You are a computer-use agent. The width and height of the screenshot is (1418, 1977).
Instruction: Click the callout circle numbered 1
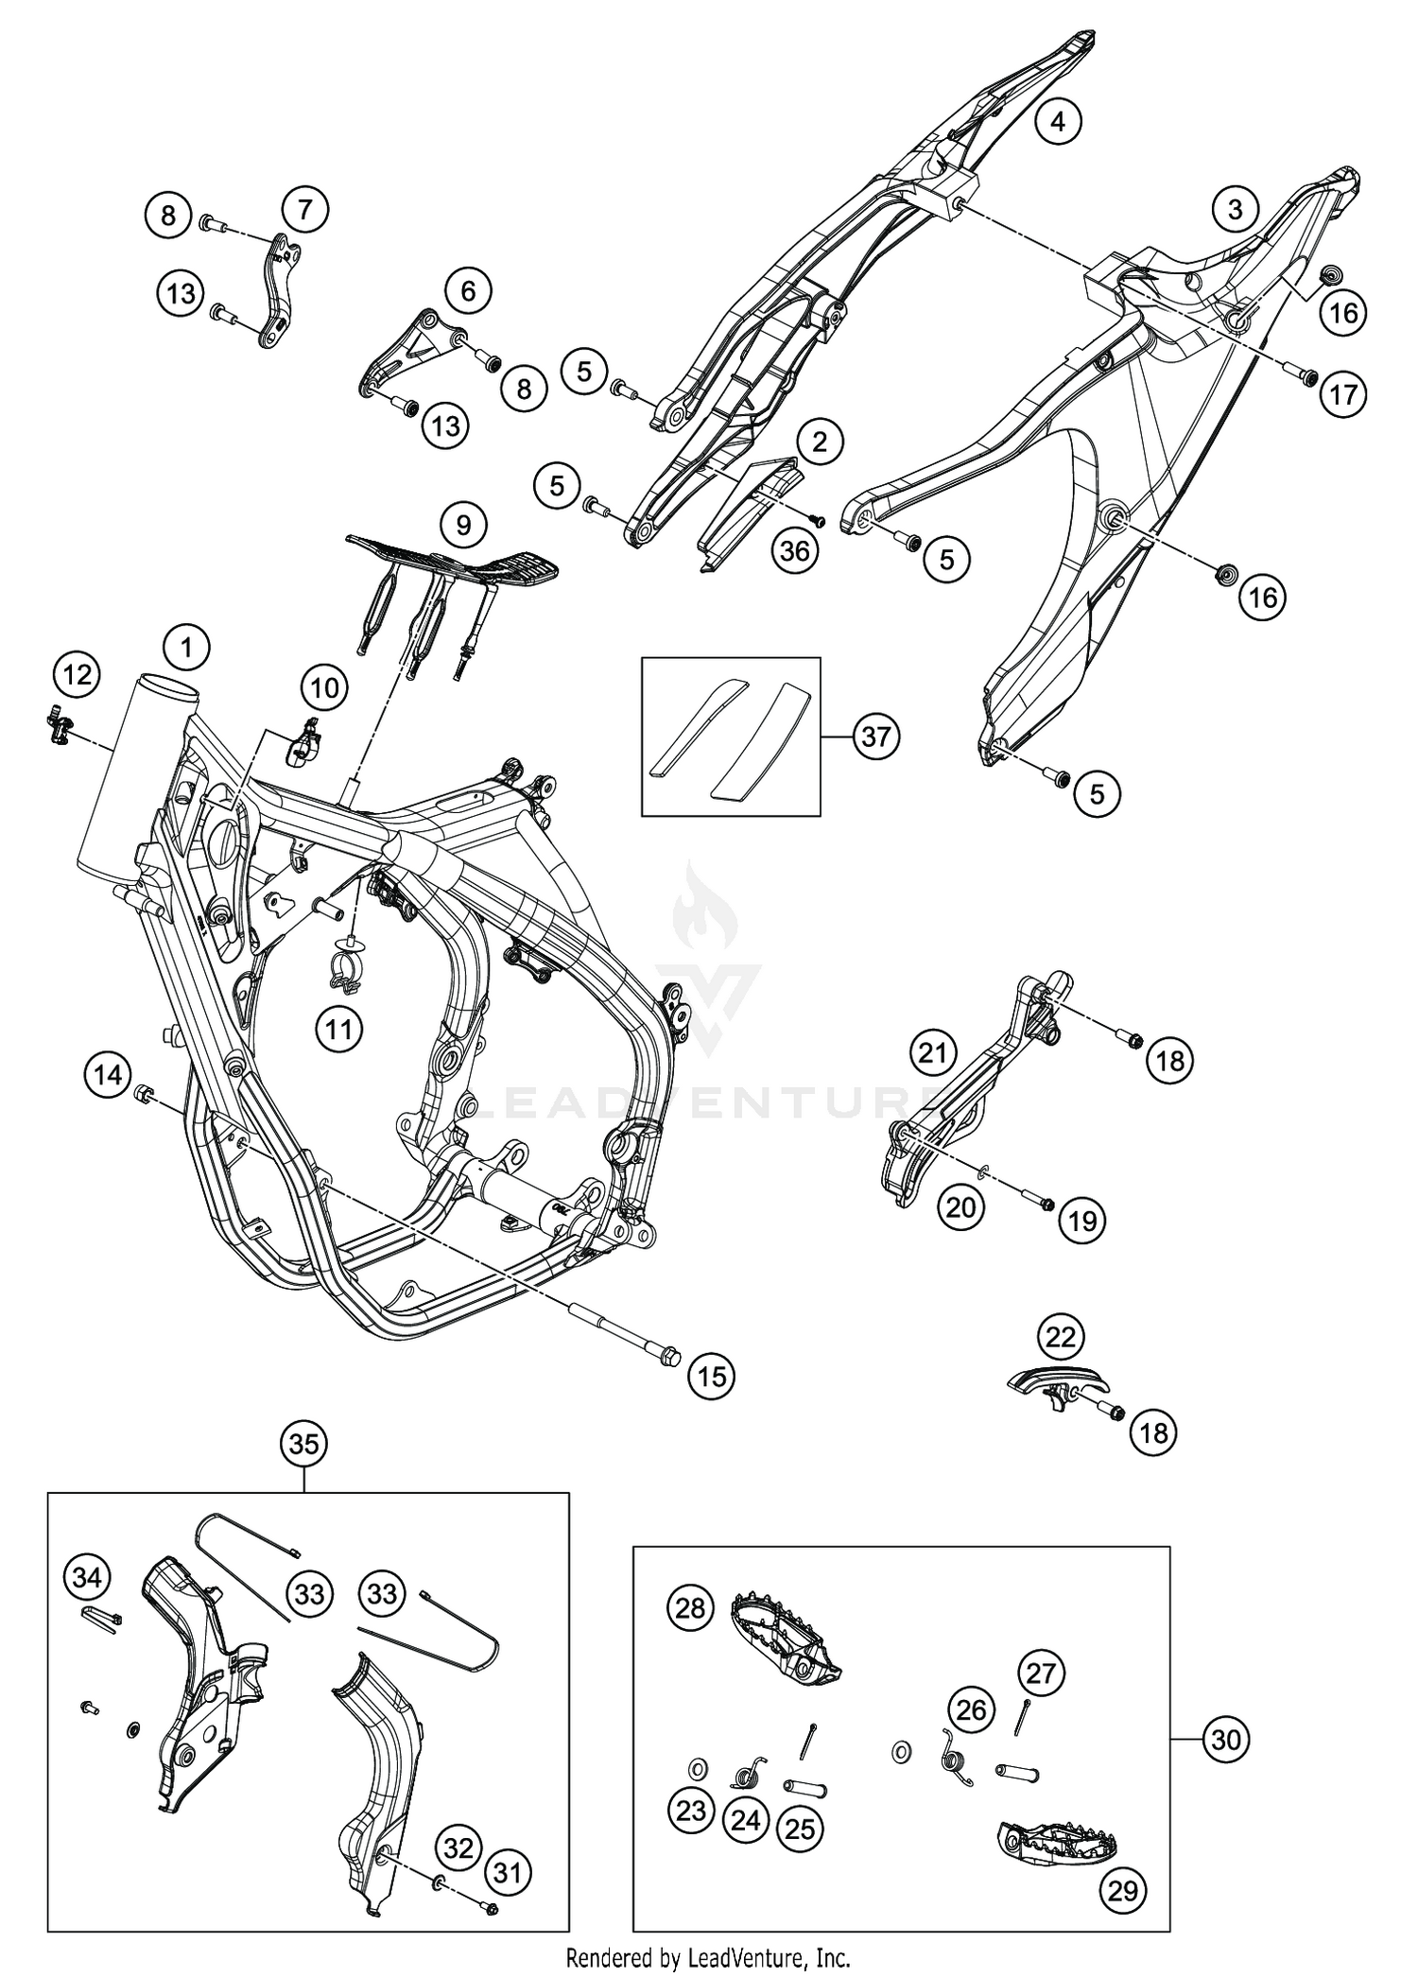[x=186, y=648]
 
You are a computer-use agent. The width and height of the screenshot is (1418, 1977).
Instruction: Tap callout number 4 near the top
[x=1057, y=121]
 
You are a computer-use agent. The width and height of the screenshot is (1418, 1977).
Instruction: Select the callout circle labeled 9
[x=463, y=524]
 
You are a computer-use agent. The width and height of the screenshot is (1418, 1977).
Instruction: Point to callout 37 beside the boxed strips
[x=875, y=736]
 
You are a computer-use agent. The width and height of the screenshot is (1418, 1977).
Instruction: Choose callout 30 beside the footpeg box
[x=1225, y=1739]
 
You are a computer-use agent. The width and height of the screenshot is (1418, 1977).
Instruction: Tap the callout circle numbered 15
[x=712, y=1376]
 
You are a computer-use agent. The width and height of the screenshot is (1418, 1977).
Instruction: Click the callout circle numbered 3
[x=1234, y=209]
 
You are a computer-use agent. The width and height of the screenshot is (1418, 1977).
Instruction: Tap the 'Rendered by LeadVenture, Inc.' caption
[x=708, y=1956]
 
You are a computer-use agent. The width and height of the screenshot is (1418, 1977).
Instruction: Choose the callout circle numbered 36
[x=795, y=549]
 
